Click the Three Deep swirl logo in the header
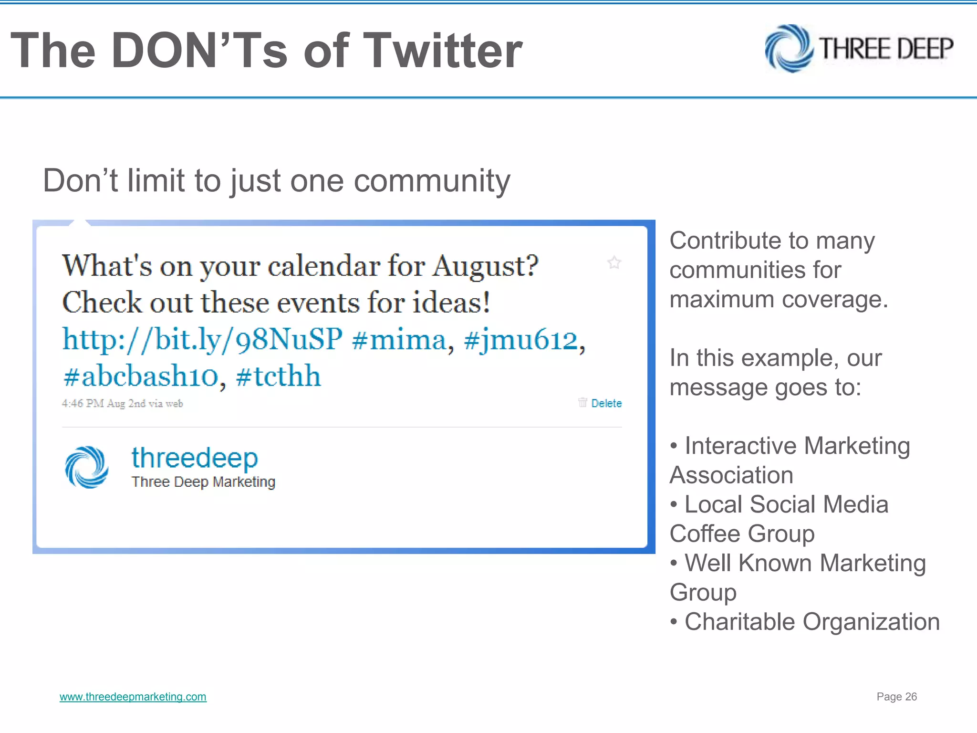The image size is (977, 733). [x=789, y=49]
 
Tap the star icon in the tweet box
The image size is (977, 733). [x=614, y=262]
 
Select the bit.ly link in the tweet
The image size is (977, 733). [x=202, y=339]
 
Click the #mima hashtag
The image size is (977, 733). [x=399, y=339]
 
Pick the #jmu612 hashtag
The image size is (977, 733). [x=520, y=339]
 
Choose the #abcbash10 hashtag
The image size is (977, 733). [x=141, y=376]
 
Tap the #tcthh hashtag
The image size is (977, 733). [x=278, y=376]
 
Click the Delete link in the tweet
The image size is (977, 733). [x=606, y=403]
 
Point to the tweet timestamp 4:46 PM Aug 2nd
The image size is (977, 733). [x=122, y=404]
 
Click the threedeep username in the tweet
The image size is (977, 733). [x=195, y=458]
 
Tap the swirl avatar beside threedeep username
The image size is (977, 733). [x=86, y=467]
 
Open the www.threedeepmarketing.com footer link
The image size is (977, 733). [x=133, y=697]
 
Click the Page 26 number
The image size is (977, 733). [x=896, y=697]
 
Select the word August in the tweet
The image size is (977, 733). [x=485, y=266]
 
